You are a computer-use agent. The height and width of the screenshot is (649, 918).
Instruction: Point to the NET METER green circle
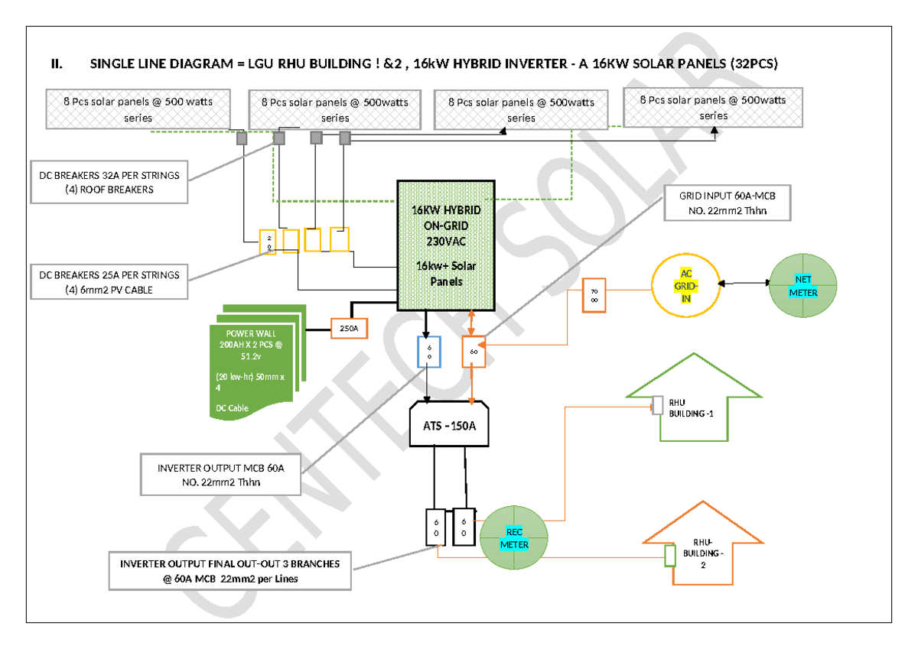(x=803, y=286)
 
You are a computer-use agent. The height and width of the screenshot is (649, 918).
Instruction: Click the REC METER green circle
(x=514, y=538)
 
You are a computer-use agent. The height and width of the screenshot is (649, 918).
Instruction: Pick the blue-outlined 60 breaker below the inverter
(x=428, y=352)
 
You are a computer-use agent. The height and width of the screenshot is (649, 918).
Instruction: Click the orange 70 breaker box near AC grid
(x=594, y=296)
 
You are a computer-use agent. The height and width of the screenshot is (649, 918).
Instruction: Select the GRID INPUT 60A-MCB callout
(x=726, y=203)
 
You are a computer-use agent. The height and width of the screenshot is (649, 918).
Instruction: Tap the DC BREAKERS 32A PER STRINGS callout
(x=109, y=182)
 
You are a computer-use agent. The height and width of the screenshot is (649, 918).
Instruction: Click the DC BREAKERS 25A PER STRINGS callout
(x=109, y=281)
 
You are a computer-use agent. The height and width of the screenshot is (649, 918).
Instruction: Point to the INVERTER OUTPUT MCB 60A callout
(x=220, y=473)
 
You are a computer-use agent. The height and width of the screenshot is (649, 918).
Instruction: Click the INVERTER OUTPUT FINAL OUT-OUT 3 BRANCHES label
(x=229, y=571)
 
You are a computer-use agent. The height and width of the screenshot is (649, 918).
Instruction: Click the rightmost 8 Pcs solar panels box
(x=713, y=107)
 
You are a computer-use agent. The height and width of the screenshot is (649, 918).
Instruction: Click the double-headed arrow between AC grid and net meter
(x=744, y=284)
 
